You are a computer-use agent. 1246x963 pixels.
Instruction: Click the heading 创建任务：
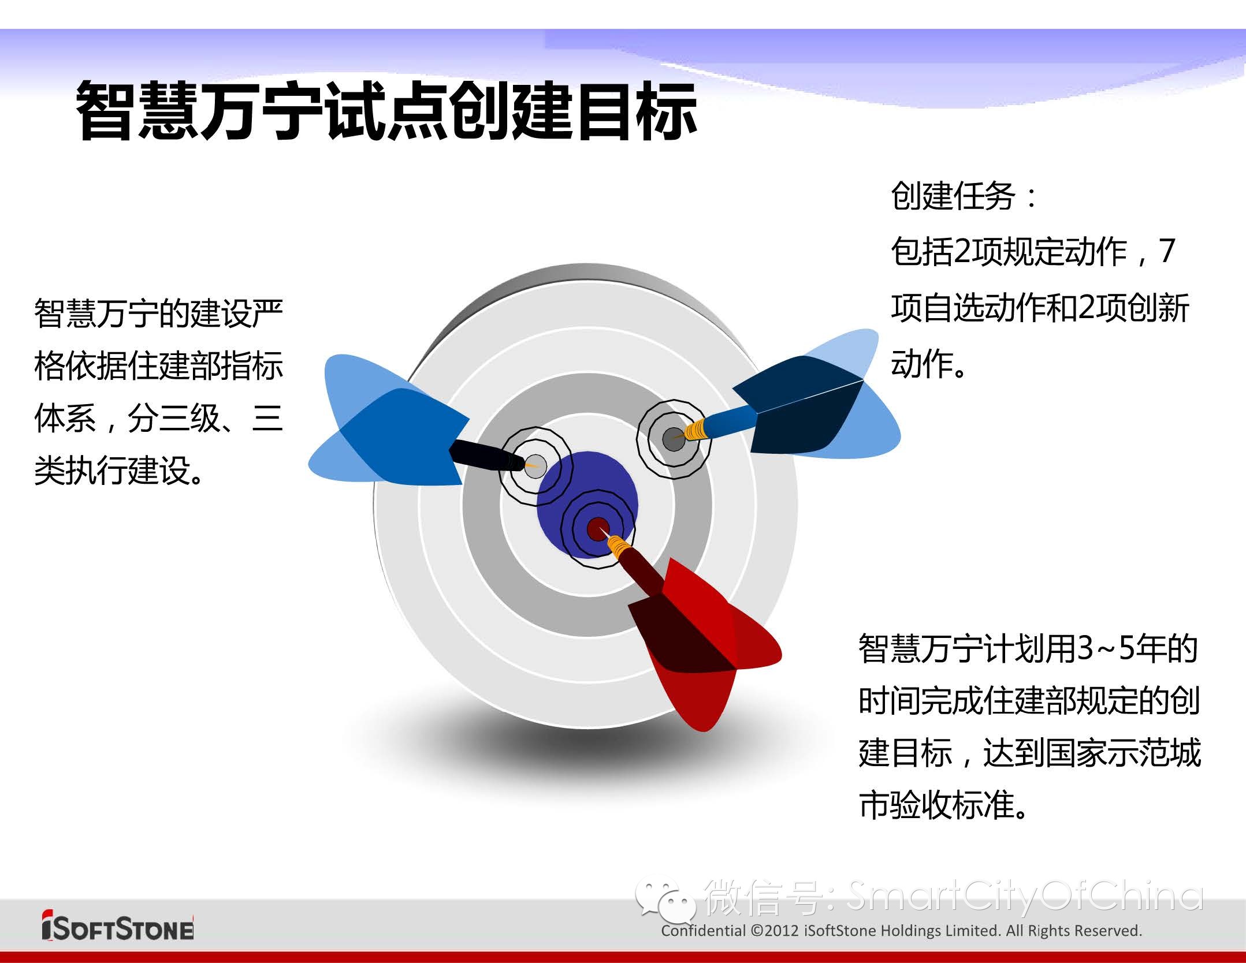[964, 196]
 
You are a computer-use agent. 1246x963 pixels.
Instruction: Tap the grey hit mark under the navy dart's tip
[673, 439]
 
